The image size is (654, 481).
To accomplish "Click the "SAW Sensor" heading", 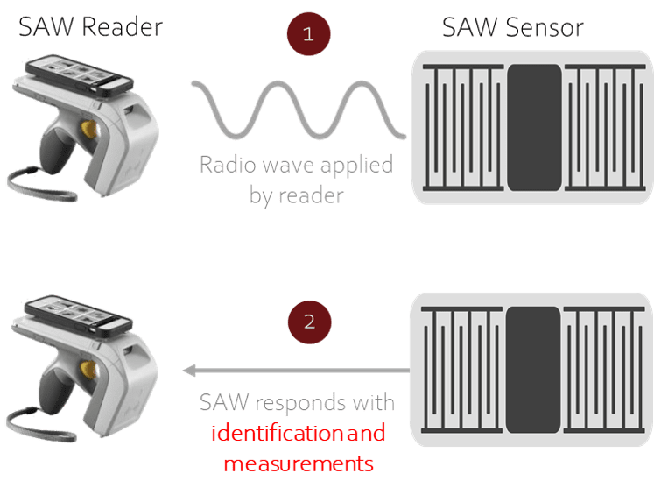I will click(x=512, y=27).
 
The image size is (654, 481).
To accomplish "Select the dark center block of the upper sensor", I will click(x=533, y=126).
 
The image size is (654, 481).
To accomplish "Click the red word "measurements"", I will click(x=298, y=462).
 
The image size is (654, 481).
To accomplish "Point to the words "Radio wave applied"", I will click(x=296, y=164).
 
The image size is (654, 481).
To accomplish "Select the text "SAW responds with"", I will click(x=296, y=403).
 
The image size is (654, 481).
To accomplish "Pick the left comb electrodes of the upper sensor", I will click(x=463, y=128).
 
